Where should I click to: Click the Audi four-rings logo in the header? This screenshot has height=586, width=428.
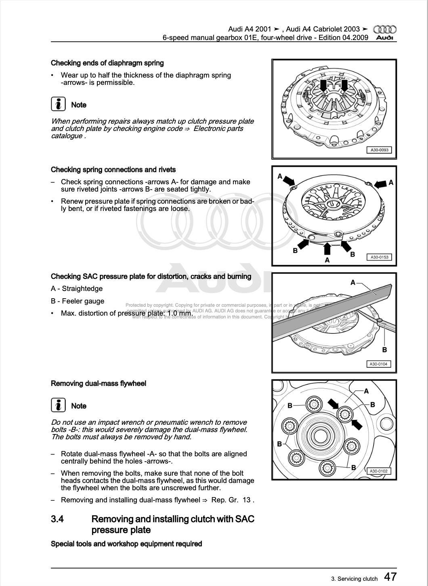pos(384,30)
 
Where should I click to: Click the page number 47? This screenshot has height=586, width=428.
pos(390,577)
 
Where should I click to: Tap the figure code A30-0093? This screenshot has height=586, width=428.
pos(379,150)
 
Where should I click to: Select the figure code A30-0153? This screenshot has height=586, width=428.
pos(379,257)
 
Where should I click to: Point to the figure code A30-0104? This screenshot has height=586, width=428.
pos(378,364)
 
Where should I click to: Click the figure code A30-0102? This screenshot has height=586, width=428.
pos(378,471)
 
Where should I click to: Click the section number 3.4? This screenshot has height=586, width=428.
pos(57,519)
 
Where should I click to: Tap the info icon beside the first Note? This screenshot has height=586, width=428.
pos(59,104)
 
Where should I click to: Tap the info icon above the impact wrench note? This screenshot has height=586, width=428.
pos(59,405)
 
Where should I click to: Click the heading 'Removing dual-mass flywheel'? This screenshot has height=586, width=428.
pos(99,384)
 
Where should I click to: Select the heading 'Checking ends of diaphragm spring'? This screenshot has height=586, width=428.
pos(107,63)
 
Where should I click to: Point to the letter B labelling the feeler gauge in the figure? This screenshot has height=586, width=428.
pos(384,350)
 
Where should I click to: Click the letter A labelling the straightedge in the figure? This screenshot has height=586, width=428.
pos(352,282)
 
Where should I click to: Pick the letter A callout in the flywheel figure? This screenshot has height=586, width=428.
pos(366,391)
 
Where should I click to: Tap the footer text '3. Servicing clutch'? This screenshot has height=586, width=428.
pos(354,579)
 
